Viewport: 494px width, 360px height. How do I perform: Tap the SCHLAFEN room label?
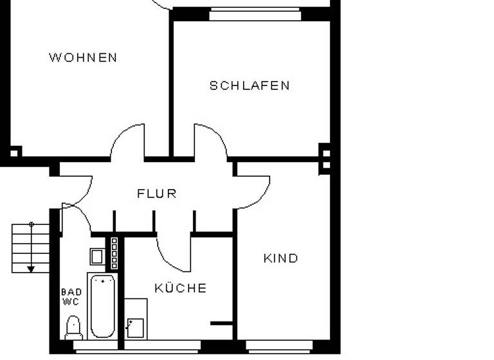pyautogui.click(x=250, y=85)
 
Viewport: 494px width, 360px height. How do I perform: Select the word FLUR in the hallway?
pyautogui.click(x=157, y=194)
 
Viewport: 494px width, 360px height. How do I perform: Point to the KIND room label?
pyautogui.click(x=281, y=258)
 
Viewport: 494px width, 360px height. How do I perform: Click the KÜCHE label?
pyautogui.click(x=181, y=289)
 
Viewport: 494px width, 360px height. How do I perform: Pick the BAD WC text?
pyautogui.click(x=71, y=296)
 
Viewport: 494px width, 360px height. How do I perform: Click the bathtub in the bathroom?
pyautogui.click(x=102, y=306)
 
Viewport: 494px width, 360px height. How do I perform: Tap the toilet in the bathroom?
pyautogui.click(x=73, y=327)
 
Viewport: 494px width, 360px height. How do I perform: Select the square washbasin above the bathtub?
pyautogui.click(x=96, y=256)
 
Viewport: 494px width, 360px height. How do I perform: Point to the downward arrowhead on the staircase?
pyautogui.click(x=31, y=268)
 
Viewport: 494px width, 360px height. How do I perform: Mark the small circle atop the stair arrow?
pyautogui.click(x=31, y=224)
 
